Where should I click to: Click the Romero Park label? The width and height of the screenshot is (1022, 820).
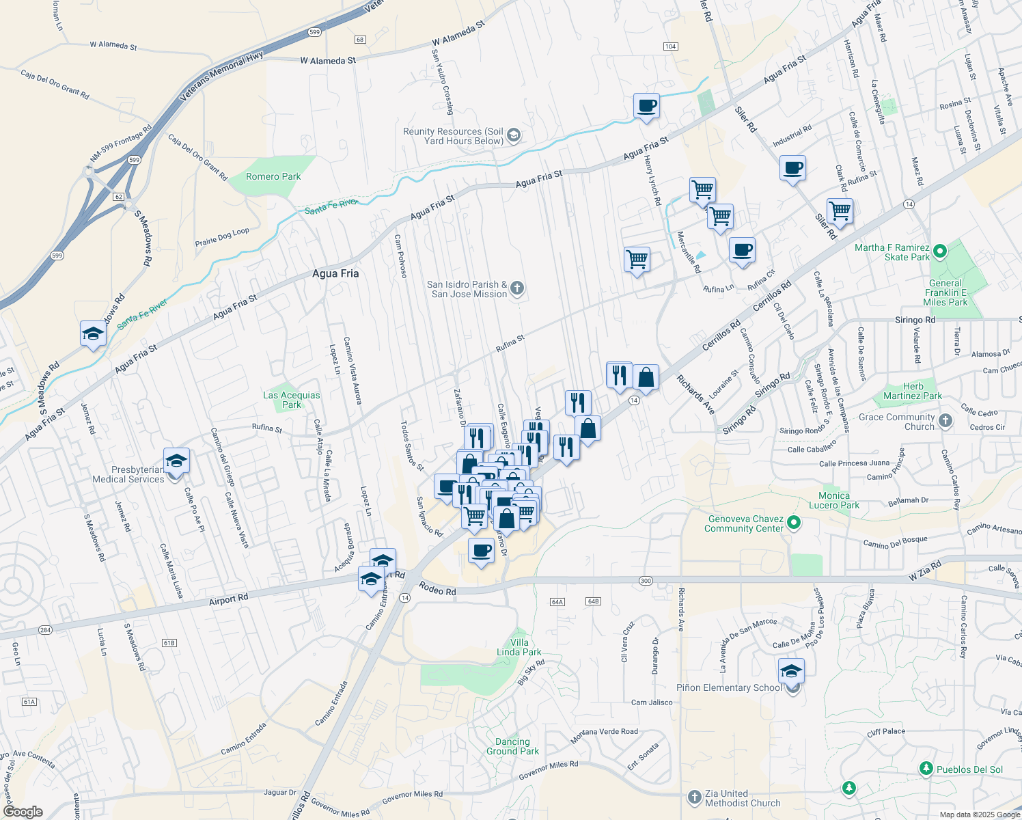[273, 176]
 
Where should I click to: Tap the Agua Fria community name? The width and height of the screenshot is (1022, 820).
[335, 273]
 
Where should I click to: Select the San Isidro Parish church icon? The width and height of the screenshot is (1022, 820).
[517, 288]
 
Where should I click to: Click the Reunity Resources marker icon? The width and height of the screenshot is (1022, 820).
[514, 135]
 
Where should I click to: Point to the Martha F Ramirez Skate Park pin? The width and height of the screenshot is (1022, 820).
[939, 252]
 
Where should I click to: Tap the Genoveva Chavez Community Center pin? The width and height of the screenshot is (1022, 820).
[793, 523]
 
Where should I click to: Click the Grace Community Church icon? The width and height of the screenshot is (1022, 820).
[945, 421]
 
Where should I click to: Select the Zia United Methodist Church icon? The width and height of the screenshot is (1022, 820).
[694, 797]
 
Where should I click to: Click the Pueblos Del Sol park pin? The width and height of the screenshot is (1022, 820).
[926, 769]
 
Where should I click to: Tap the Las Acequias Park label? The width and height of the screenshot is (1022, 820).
[292, 400]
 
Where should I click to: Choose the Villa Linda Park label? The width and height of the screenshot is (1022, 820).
[519, 647]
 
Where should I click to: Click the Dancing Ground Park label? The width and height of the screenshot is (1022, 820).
[512, 746]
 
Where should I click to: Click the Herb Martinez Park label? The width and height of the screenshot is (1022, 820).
[913, 391]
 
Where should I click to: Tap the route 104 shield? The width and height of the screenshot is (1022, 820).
[670, 46]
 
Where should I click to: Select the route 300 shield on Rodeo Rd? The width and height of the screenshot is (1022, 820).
[646, 581]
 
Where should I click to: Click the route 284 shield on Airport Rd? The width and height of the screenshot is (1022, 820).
[45, 629]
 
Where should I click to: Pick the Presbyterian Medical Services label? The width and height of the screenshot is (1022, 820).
[128, 474]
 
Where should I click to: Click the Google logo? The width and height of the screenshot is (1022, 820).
[23, 812]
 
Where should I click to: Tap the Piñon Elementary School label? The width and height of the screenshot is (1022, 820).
[729, 687]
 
